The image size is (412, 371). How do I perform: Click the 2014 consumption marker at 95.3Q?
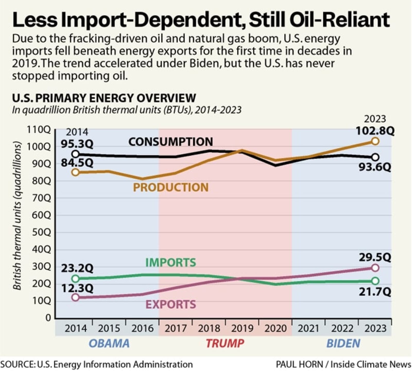click(75, 154)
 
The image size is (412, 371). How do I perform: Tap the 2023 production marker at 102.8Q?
click(375, 141)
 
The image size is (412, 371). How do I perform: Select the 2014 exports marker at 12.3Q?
click(75, 297)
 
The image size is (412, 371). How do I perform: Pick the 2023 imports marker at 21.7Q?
click(375, 281)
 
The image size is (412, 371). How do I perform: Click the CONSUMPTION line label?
click(170, 142)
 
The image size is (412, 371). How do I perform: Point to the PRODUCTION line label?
click(170, 187)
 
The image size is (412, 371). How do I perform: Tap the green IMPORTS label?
click(170, 263)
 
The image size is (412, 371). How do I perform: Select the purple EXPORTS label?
click(170, 305)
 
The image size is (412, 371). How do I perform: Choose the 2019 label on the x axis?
click(242, 329)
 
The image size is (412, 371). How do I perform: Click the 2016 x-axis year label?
click(142, 329)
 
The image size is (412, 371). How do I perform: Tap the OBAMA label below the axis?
click(109, 343)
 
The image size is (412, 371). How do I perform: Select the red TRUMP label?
click(225, 343)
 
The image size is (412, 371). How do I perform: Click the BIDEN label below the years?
click(343, 343)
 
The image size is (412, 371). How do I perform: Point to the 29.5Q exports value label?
click(375, 257)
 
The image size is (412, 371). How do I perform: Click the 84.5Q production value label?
click(77, 163)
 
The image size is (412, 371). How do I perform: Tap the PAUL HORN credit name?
click(299, 365)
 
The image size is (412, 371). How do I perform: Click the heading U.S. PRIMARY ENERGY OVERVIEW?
click(104, 98)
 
